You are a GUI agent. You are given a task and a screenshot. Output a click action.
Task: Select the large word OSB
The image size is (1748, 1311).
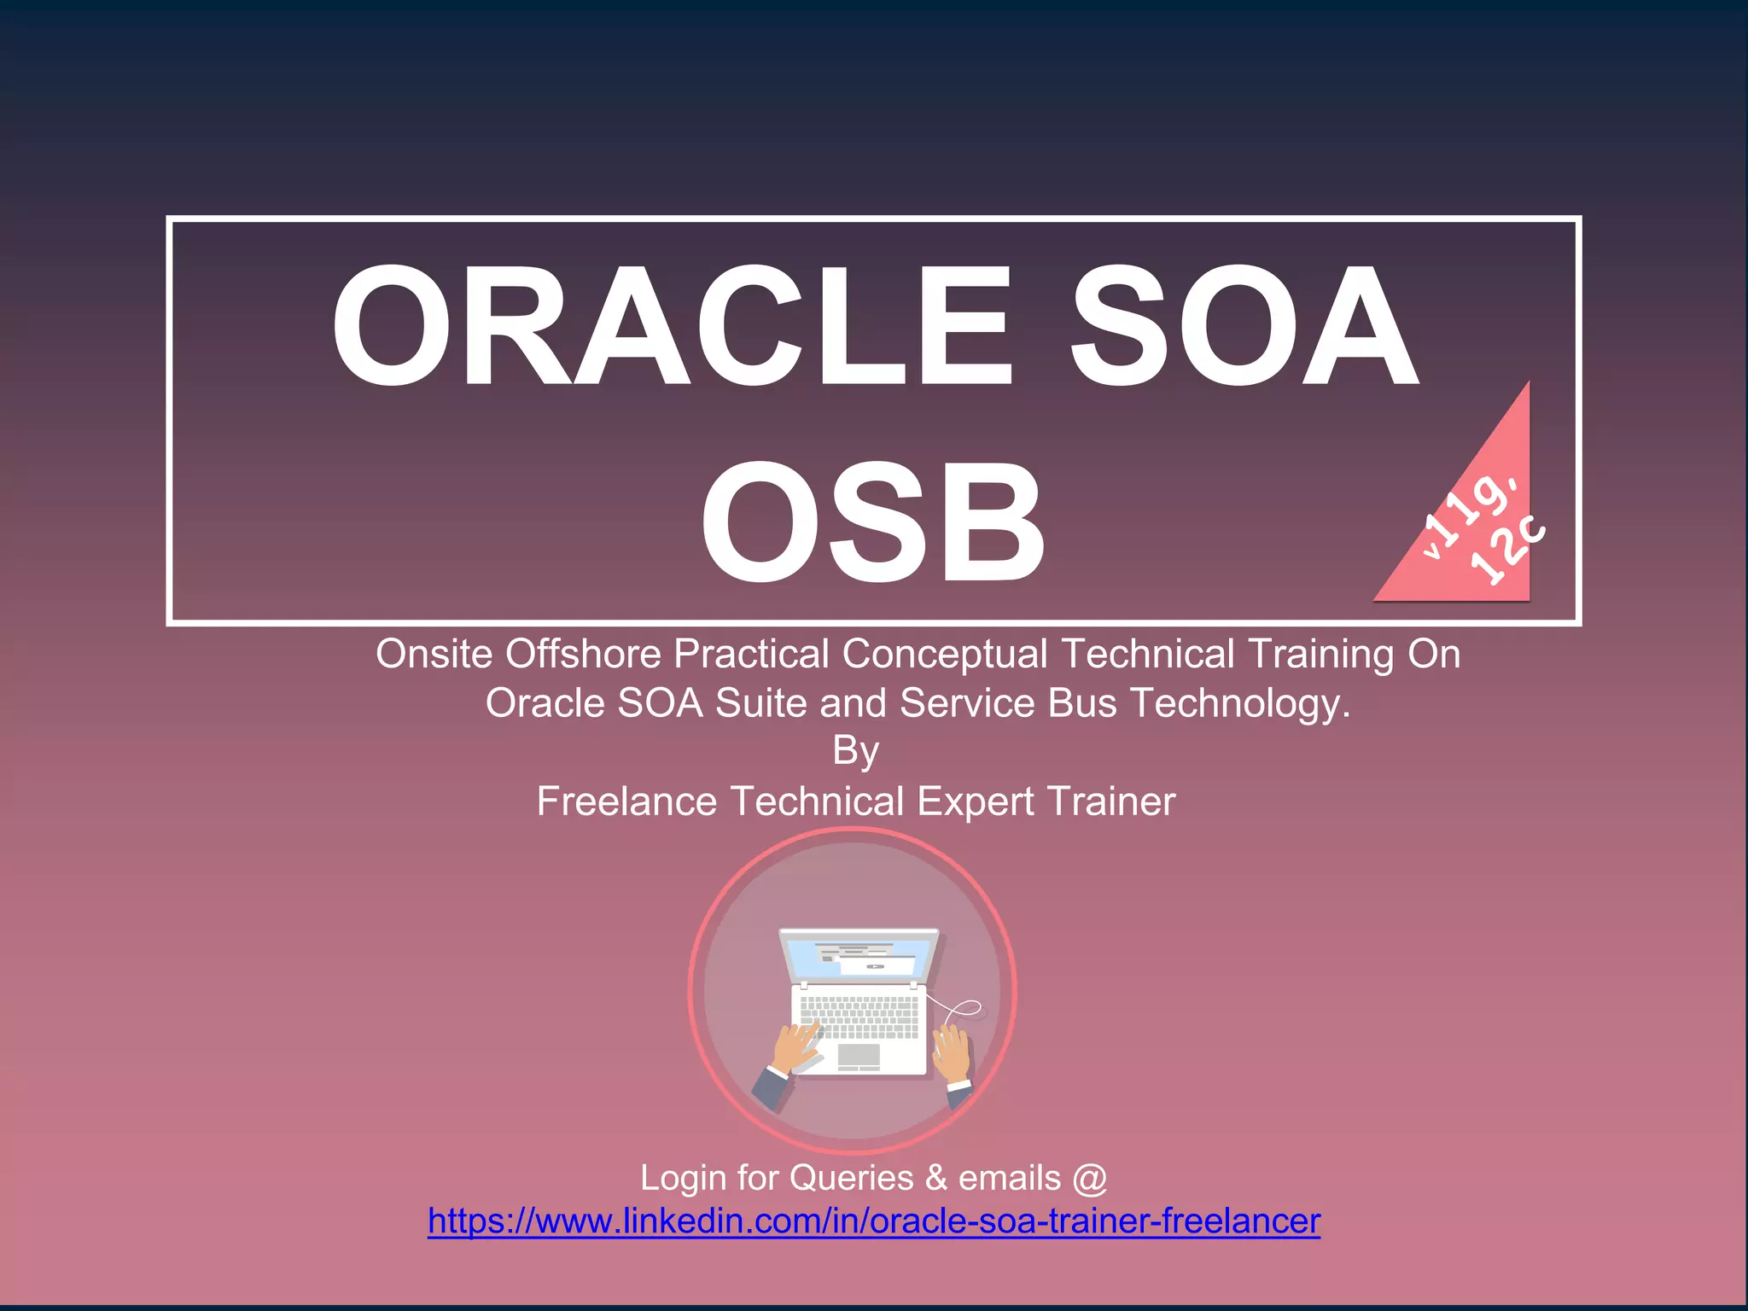[872, 522]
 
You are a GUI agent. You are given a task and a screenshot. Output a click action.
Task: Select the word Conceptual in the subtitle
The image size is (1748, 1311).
[944, 655]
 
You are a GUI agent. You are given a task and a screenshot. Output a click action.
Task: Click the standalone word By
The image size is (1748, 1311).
[855, 751]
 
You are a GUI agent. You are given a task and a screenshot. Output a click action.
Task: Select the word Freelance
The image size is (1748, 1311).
[626, 801]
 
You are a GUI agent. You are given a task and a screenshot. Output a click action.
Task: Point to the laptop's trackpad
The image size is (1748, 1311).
[858, 1057]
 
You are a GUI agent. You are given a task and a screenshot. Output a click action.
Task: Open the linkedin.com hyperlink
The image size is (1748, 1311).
[873, 1221]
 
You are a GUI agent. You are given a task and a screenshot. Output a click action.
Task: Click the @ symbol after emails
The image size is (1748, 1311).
[1089, 1178]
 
